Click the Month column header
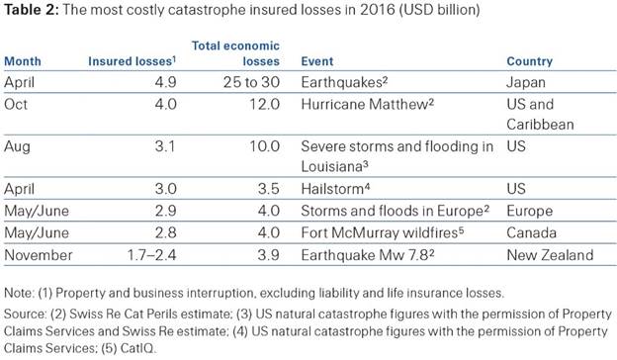point(23,61)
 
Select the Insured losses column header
point(132,61)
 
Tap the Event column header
point(317,61)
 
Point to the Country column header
point(530,61)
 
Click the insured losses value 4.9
point(165,82)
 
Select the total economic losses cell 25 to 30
point(251,82)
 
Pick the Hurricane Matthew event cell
point(368,104)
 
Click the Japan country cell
point(526,83)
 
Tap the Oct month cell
point(16,104)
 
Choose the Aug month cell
point(17,146)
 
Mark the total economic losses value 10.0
point(265,146)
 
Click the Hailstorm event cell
point(335,189)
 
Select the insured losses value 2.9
point(165,211)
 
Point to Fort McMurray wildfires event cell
point(383,233)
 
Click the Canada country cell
point(532,233)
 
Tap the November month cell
point(39,255)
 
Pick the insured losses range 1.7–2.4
point(151,255)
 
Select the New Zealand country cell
point(550,255)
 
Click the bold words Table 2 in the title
point(32,10)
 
